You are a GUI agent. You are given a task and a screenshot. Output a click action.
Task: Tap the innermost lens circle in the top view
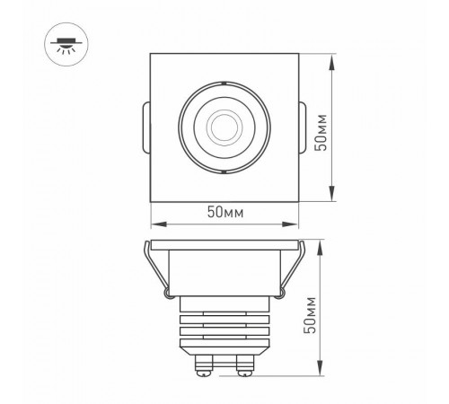221,124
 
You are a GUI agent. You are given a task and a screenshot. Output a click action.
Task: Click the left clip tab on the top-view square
145,126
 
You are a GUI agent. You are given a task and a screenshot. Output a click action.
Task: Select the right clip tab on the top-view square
300,125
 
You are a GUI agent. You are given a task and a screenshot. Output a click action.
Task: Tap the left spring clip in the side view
154,270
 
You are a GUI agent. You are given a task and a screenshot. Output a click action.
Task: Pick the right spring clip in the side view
290,270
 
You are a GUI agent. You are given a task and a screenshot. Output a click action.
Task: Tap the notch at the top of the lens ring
221,83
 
